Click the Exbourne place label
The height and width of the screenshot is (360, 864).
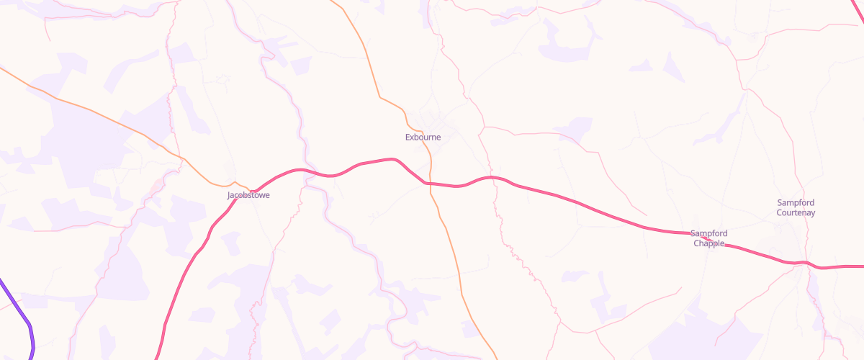(x=423, y=137)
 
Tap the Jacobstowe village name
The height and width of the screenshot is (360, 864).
(x=248, y=195)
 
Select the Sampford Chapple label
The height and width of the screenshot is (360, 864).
(x=709, y=238)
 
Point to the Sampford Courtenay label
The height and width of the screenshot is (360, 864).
(x=796, y=207)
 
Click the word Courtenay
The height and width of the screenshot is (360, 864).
(x=796, y=212)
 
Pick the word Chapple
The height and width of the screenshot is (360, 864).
(x=709, y=243)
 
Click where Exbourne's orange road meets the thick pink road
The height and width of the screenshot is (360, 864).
(x=429, y=184)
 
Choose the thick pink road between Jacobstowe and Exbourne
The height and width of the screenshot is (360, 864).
(x=338, y=173)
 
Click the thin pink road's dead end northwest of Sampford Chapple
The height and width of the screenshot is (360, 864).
(x=646, y=215)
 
